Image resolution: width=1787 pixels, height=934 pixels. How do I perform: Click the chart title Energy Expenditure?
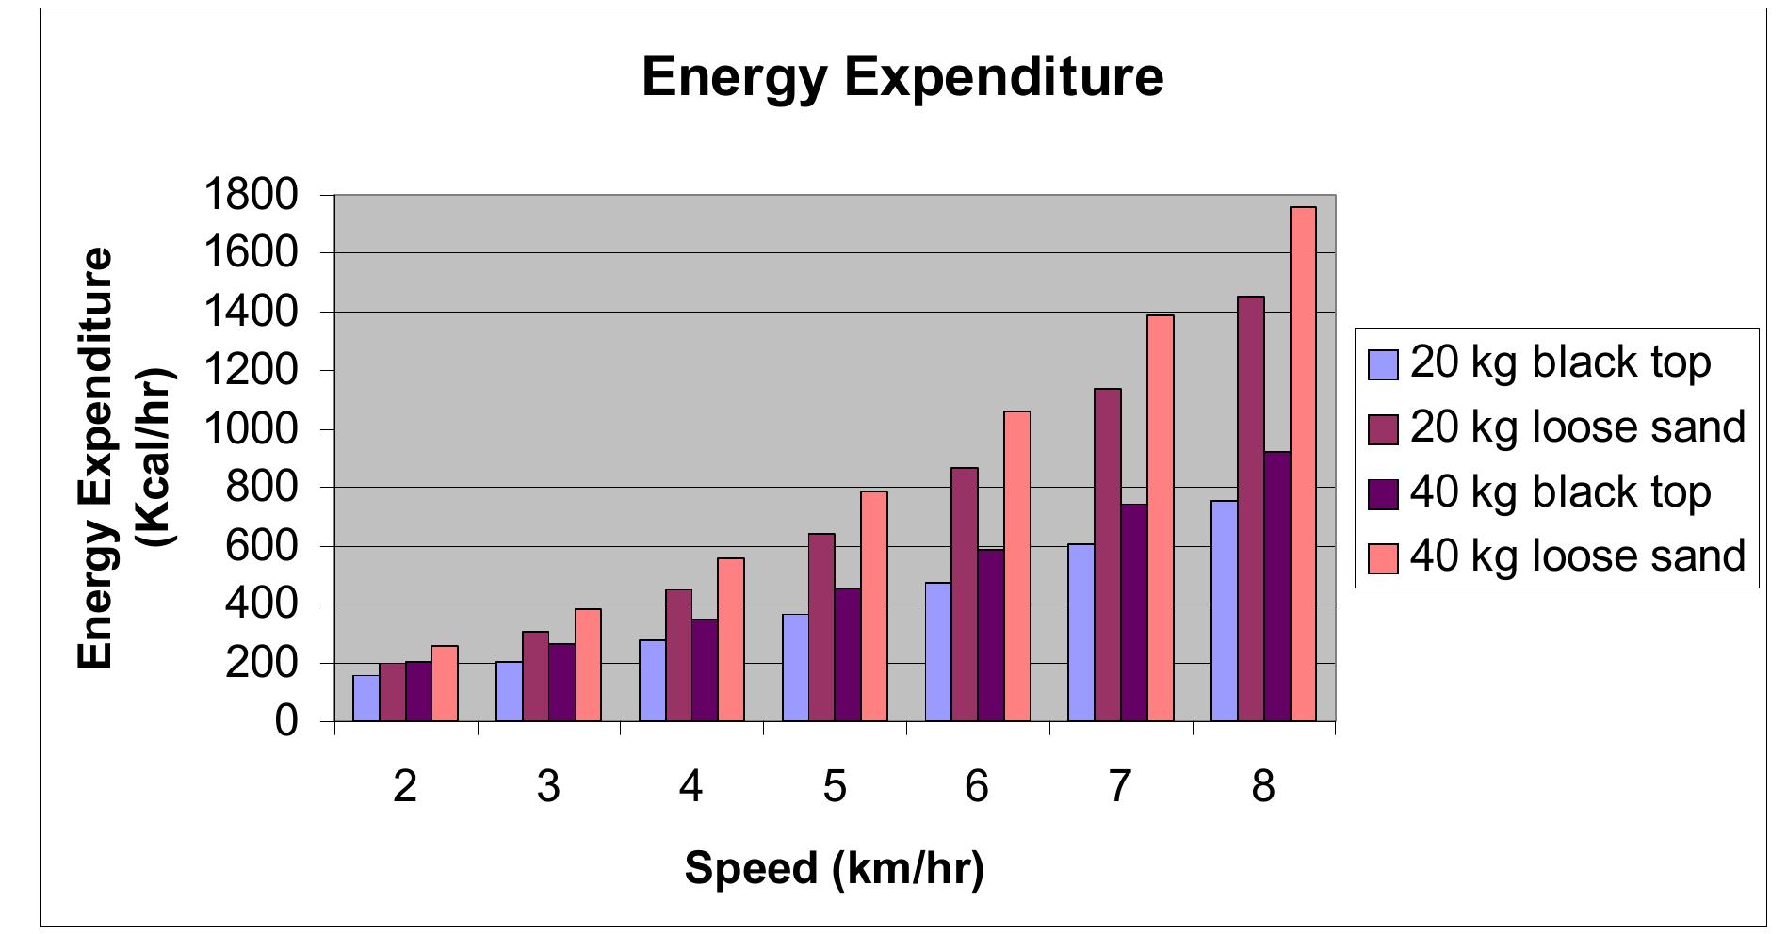902,77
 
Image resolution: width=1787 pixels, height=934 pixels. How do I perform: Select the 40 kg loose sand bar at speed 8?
1303,464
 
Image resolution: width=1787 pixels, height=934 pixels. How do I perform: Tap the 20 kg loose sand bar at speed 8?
1250,508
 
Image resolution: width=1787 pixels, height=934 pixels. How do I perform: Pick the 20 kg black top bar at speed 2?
366,698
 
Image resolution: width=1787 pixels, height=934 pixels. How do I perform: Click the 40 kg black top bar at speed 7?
1133,613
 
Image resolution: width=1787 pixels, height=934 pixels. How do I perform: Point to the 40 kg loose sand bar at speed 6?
1016,566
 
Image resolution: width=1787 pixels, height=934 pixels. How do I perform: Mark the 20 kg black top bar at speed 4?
652,681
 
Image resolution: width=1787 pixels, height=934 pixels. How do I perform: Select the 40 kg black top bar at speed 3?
561,683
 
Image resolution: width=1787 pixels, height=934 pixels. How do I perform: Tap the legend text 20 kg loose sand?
1578,427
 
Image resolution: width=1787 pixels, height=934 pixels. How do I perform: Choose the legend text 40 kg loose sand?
1578,556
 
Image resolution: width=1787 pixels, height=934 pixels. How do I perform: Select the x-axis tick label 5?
835,785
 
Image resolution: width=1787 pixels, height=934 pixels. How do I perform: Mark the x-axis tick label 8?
1263,785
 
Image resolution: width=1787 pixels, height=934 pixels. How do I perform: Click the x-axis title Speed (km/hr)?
835,868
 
